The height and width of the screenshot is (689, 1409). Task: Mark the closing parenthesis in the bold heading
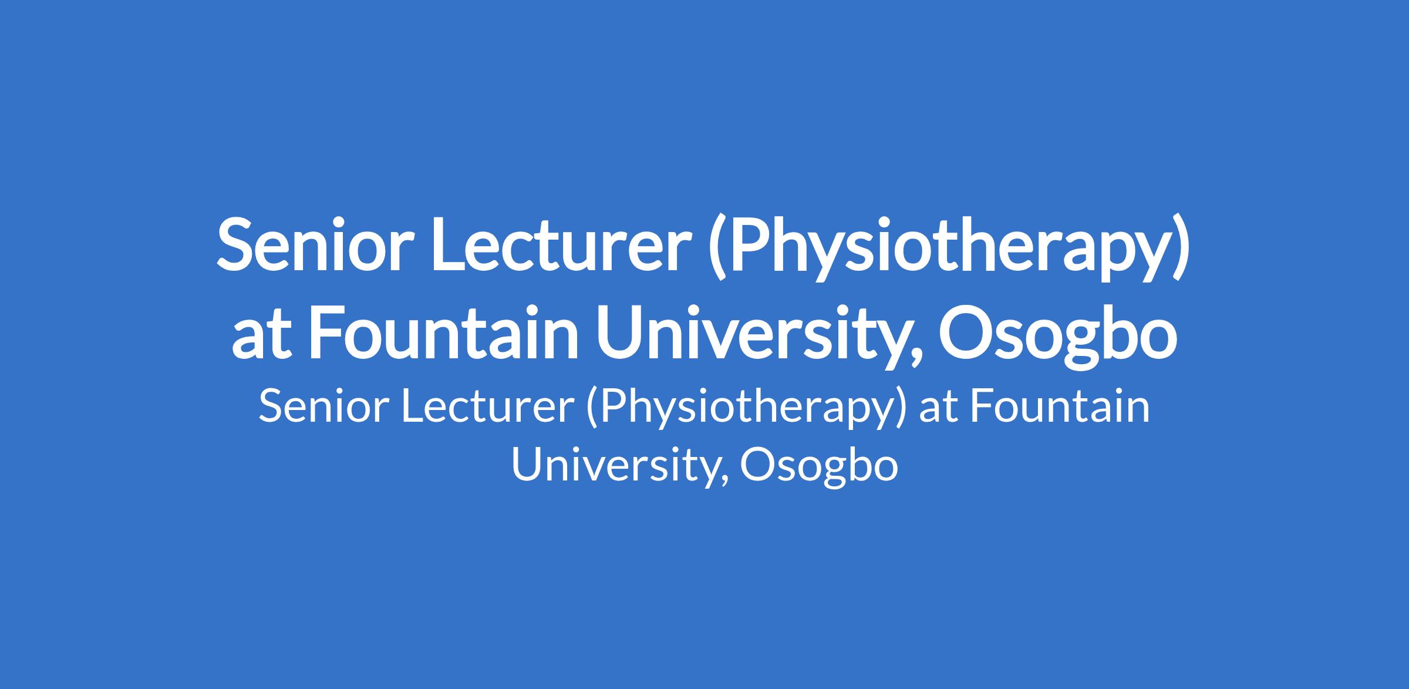pos(1182,251)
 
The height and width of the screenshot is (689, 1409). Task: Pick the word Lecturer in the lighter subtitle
pos(488,407)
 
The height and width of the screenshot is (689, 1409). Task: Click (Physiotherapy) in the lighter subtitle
pos(746,411)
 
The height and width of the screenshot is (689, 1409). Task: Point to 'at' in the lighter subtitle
pos(938,409)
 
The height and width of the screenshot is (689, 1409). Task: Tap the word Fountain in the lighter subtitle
pos(1060,407)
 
